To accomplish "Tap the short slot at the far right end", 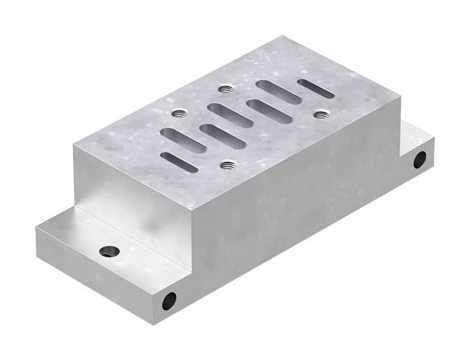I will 317,88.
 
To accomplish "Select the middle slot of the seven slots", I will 243,116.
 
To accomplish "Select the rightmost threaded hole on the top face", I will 320,114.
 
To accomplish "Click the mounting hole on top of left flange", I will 109,250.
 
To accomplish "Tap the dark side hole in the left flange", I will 170,299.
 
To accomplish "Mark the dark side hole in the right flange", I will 420,159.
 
